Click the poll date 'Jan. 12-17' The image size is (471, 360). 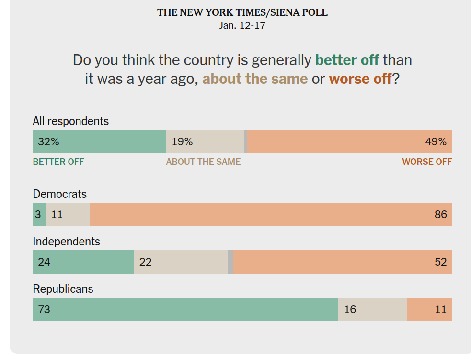pyautogui.click(x=242, y=25)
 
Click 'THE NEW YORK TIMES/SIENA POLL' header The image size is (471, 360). pyautogui.click(x=242, y=12)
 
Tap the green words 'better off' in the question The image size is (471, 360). pyautogui.click(x=347, y=60)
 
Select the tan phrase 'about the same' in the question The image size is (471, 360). pyautogui.click(x=255, y=79)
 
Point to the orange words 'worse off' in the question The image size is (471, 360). pyautogui.click(x=360, y=79)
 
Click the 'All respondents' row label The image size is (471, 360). pyautogui.click(x=70, y=121)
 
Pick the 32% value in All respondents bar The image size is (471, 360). pyautogui.click(x=48, y=142)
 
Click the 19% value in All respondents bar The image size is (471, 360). pyautogui.click(x=182, y=142)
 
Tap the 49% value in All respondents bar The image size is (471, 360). pyautogui.click(x=436, y=142)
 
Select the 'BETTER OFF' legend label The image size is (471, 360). pyautogui.click(x=58, y=162)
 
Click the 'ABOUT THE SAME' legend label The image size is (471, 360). pyautogui.click(x=203, y=162)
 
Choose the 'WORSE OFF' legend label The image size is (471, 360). pyautogui.click(x=427, y=162)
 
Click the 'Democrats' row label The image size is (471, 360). pyautogui.click(x=59, y=194)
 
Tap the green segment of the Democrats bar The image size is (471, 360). pyautogui.click(x=39, y=214)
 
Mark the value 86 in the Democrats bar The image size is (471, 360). pyautogui.click(x=440, y=214)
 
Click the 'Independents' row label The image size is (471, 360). pyautogui.click(x=66, y=242)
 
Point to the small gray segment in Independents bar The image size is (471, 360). pyautogui.click(x=231, y=262)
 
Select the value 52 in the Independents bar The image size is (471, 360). pyautogui.click(x=440, y=262)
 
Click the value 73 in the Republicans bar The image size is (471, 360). pyautogui.click(x=44, y=309)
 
